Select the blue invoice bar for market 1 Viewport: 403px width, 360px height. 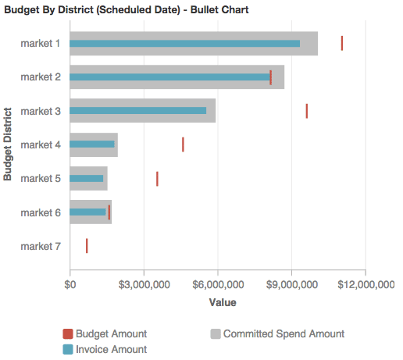pos(184,43)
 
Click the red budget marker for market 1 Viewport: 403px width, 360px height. pos(342,43)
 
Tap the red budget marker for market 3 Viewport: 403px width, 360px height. pos(307,111)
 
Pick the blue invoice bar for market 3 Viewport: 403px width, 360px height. pos(138,111)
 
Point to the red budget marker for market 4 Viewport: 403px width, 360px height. pos(183,144)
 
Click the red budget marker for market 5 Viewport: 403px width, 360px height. pos(157,179)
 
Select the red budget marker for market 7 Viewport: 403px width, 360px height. pos(87,246)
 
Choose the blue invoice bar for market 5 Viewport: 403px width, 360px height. pos(87,179)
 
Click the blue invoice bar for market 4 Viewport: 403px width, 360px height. pos(92,144)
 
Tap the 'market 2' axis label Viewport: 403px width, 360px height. pos(41,77)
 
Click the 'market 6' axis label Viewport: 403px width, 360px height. pos(41,212)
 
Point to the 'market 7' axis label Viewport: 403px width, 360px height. pos(41,246)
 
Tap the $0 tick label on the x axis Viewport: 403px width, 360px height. pos(70,284)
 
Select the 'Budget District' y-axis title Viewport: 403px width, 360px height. pos(8,144)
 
